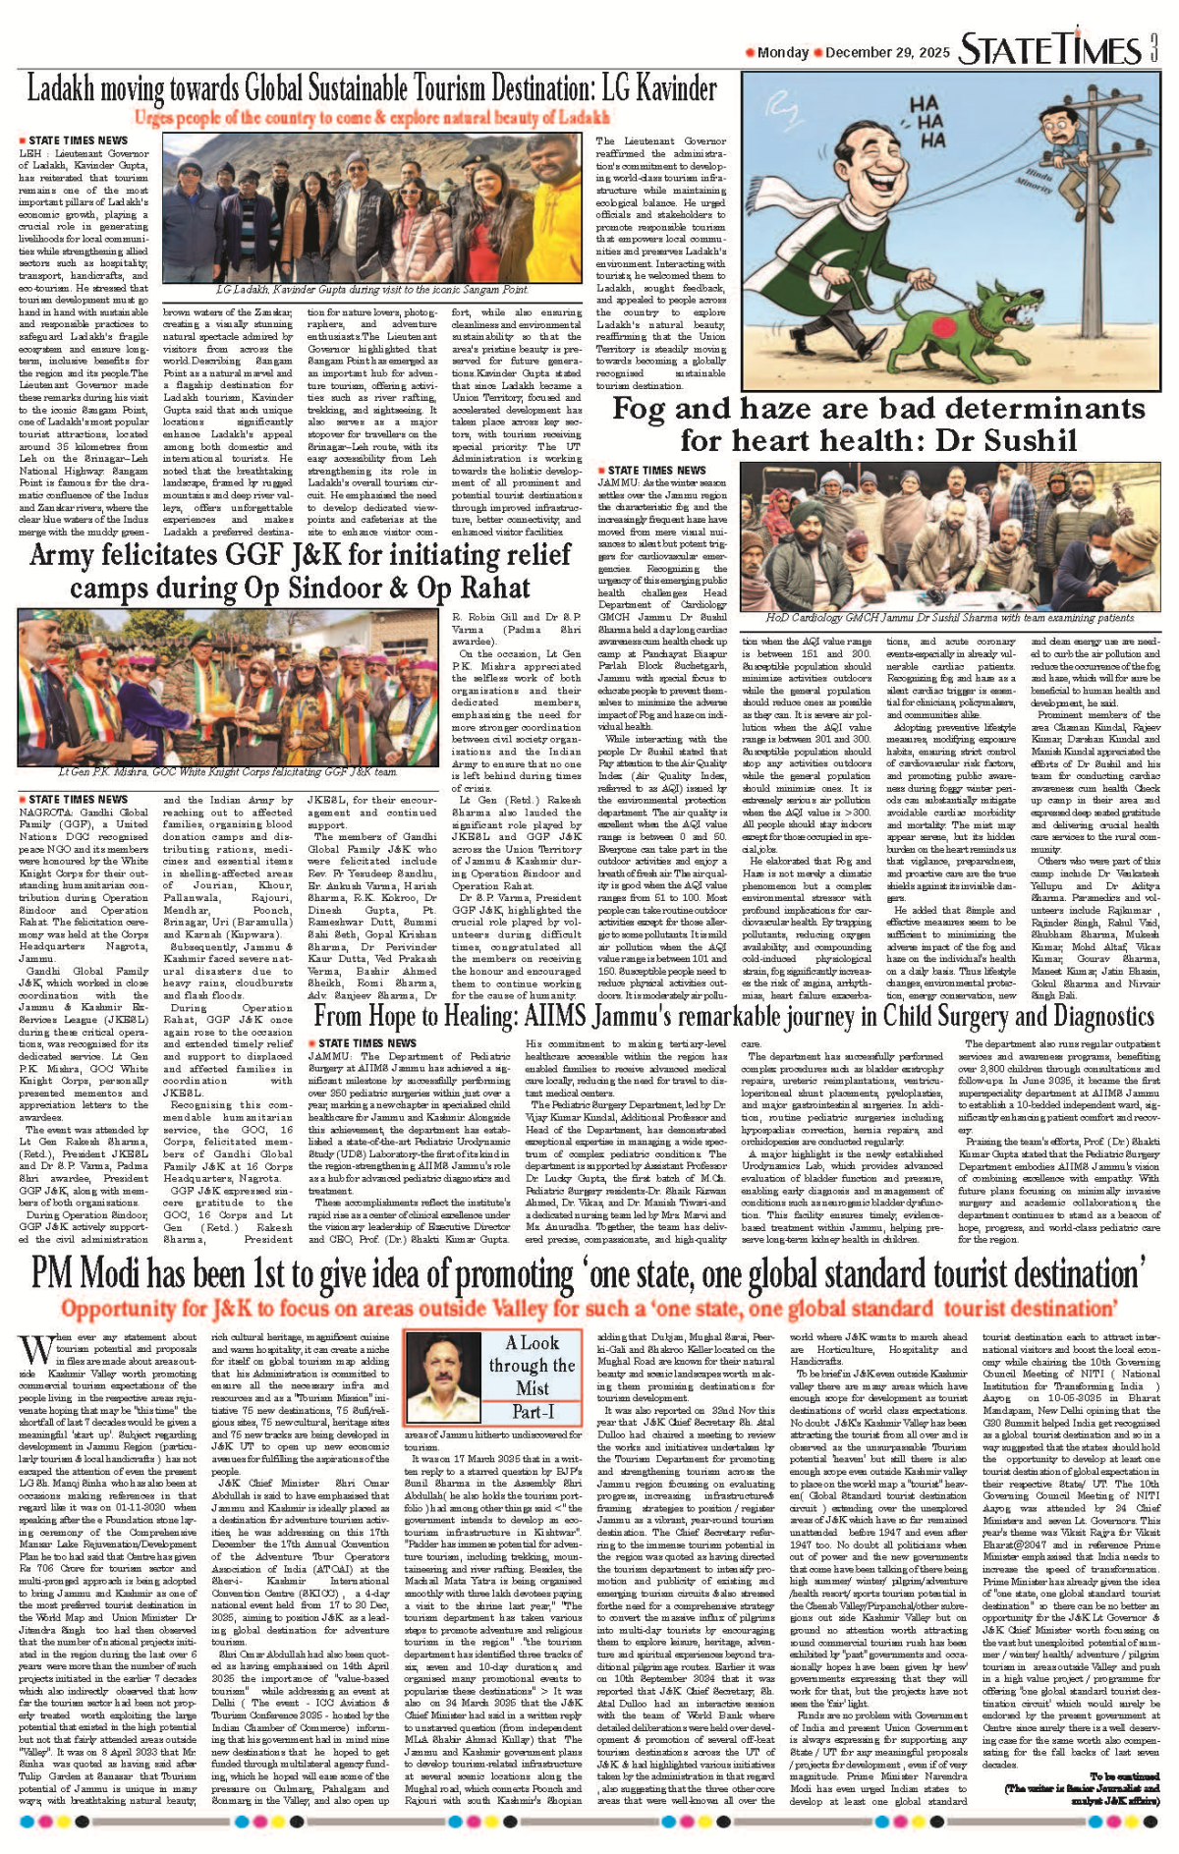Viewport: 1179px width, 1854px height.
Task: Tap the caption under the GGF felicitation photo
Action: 227,772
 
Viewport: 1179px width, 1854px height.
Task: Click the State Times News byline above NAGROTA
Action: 78,800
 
